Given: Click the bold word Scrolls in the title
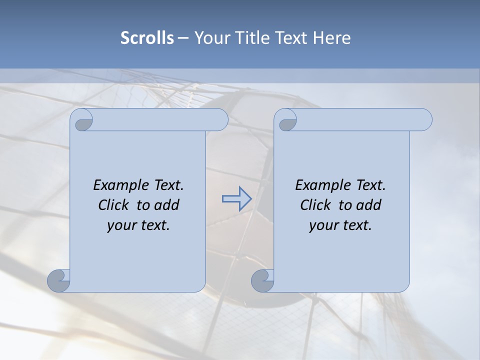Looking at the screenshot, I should [x=147, y=37].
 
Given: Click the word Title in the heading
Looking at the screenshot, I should [x=251, y=37].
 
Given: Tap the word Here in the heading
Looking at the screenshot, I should [x=331, y=37].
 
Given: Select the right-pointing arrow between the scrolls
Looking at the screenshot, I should [x=236, y=198].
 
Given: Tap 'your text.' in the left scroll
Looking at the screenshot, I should [x=138, y=225].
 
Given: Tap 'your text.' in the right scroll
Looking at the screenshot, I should [x=340, y=225].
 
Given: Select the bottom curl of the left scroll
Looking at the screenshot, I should [x=59, y=280].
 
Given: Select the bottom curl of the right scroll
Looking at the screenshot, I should [x=262, y=280].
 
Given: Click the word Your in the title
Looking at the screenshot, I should [x=213, y=37].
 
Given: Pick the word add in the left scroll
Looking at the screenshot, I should [x=167, y=205].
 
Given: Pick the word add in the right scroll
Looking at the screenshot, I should [x=369, y=205].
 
